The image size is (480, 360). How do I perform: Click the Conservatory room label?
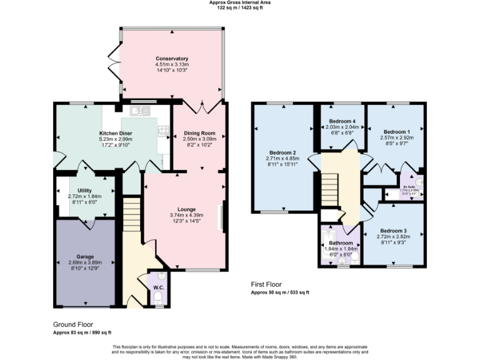pyautogui.click(x=172, y=59)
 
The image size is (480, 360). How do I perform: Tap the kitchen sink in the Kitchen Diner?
pyautogui.click(x=139, y=111)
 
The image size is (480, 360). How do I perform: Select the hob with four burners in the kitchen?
pyautogui.click(x=164, y=131)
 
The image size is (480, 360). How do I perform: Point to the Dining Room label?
pyautogui.click(x=199, y=133)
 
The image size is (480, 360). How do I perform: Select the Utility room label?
pyautogui.click(x=85, y=189)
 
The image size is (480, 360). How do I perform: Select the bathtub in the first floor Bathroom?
pyautogui.click(x=327, y=249)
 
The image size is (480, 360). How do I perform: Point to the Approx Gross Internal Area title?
pyautogui.click(x=239, y=2)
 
